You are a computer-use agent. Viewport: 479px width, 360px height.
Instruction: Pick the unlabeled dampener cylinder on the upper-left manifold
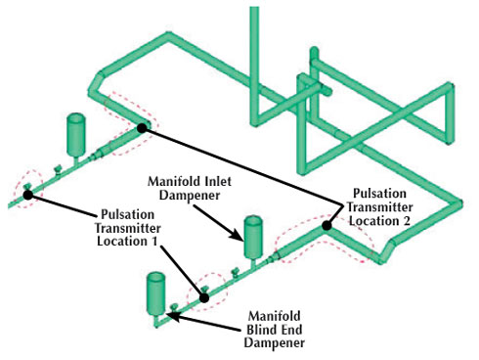click(x=74, y=132)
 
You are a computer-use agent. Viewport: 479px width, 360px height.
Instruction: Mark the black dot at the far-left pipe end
click(x=27, y=195)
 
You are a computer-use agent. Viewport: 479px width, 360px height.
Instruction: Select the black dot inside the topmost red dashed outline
click(x=143, y=127)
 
